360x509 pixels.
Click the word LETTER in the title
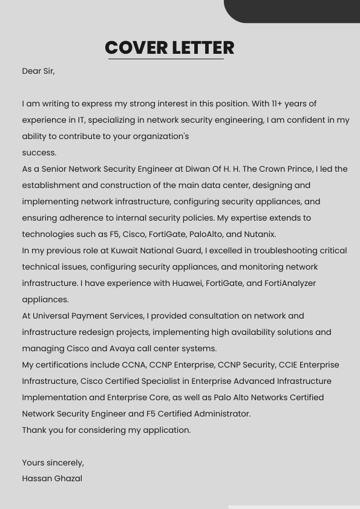click(203, 48)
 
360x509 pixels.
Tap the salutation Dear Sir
click(38, 71)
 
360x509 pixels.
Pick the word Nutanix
click(260, 235)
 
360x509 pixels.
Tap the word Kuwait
click(125, 251)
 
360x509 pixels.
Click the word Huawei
click(187, 284)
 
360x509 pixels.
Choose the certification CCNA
click(134, 365)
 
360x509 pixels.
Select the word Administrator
click(220, 414)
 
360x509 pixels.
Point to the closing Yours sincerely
click(53, 463)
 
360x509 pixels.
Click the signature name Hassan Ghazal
click(52, 479)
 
